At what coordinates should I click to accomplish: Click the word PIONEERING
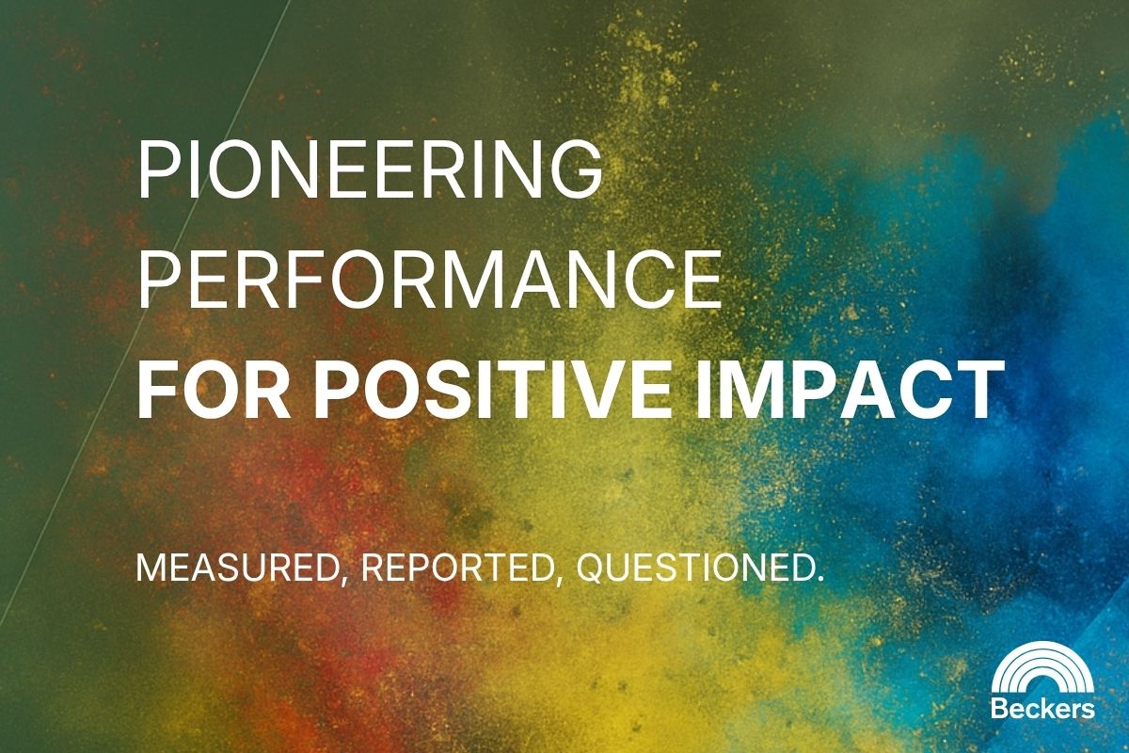pos(370,169)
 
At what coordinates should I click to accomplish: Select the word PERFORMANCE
pos(429,280)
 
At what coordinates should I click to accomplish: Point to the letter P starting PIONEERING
pos(156,169)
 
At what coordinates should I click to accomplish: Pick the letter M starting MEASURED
pos(150,568)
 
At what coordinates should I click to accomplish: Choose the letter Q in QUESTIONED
pos(590,568)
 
